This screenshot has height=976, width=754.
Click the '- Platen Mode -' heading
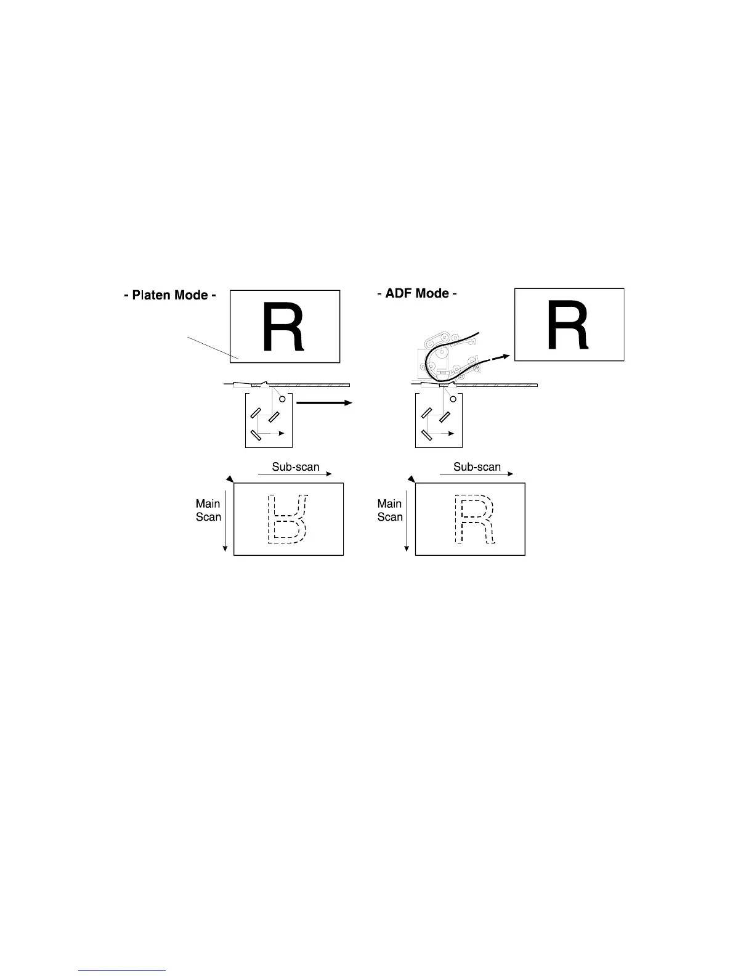[x=170, y=295]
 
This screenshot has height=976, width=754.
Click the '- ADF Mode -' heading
[x=417, y=293]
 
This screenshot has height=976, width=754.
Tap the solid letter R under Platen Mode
[x=283, y=327]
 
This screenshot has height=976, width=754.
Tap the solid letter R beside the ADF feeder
[x=568, y=325]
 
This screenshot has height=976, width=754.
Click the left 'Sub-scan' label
[x=296, y=466]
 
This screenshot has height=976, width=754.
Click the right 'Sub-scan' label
[x=477, y=466]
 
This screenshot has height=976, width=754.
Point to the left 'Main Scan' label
[x=208, y=510]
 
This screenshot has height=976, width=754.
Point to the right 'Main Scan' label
[x=390, y=510]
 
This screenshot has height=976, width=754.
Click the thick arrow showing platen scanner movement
[x=324, y=402]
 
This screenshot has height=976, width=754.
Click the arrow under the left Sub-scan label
[x=294, y=474]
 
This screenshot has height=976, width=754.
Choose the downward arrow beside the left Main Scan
[x=225, y=521]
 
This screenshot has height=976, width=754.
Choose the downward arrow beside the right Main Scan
[x=407, y=521]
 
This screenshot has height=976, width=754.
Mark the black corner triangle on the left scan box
[x=230, y=479]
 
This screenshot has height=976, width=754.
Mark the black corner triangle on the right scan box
[x=411, y=479]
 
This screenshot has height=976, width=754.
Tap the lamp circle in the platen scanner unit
[x=282, y=399]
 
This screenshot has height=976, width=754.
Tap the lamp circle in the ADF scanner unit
[x=453, y=399]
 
